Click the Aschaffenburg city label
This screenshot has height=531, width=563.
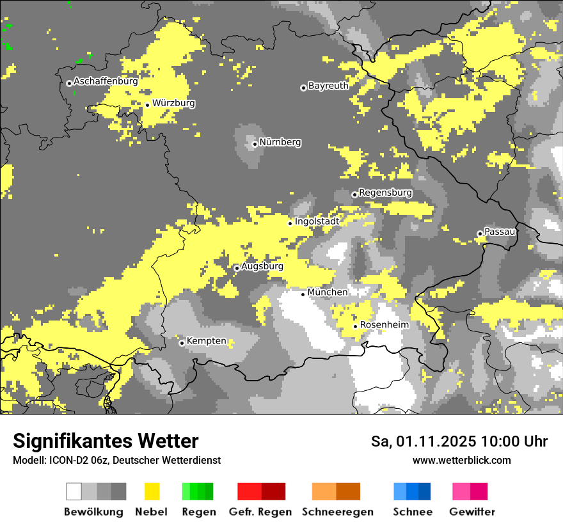(x=106, y=82)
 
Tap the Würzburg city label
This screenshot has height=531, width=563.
(x=173, y=104)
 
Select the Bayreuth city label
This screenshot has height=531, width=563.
(x=328, y=86)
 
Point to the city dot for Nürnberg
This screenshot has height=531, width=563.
(x=255, y=144)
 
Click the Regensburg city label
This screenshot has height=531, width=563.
(x=385, y=193)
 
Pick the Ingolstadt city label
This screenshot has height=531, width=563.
(x=317, y=221)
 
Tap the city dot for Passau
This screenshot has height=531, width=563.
(x=480, y=234)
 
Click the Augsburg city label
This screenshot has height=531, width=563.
(x=262, y=267)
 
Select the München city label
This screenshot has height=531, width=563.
(x=328, y=292)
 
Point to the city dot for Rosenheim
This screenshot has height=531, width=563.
(x=356, y=326)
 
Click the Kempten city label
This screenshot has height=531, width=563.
(x=206, y=341)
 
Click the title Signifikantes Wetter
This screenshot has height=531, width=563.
(x=106, y=441)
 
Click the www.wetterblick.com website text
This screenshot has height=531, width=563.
(x=461, y=460)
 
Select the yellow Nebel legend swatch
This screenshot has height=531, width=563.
(x=152, y=491)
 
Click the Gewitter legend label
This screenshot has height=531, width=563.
(x=472, y=512)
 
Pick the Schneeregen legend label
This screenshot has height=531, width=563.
(x=337, y=512)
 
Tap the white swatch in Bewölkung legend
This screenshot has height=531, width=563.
(x=74, y=491)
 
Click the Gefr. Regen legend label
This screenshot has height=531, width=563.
(x=260, y=512)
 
